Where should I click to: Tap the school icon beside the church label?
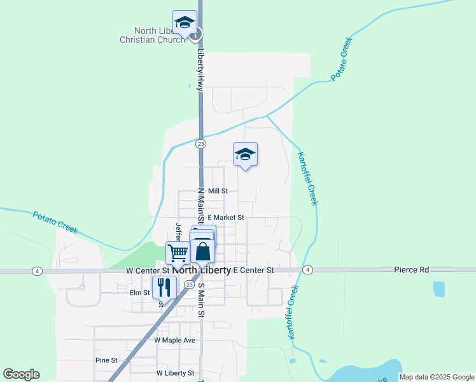[x=185, y=23]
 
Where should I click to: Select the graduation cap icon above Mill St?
[x=245, y=155]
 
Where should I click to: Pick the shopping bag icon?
[x=203, y=251]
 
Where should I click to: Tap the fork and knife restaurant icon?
[x=164, y=288]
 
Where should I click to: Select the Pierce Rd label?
[x=411, y=270]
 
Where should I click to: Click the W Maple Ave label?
[x=174, y=341]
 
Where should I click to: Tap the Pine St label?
[x=106, y=360]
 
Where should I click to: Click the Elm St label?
[x=139, y=293]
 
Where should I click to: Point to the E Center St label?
[x=253, y=271]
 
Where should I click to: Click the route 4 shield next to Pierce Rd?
[x=308, y=271]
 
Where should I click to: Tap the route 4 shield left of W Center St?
[x=38, y=271]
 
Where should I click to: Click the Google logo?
[x=21, y=374]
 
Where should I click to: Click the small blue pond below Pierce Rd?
[x=438, y=289]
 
